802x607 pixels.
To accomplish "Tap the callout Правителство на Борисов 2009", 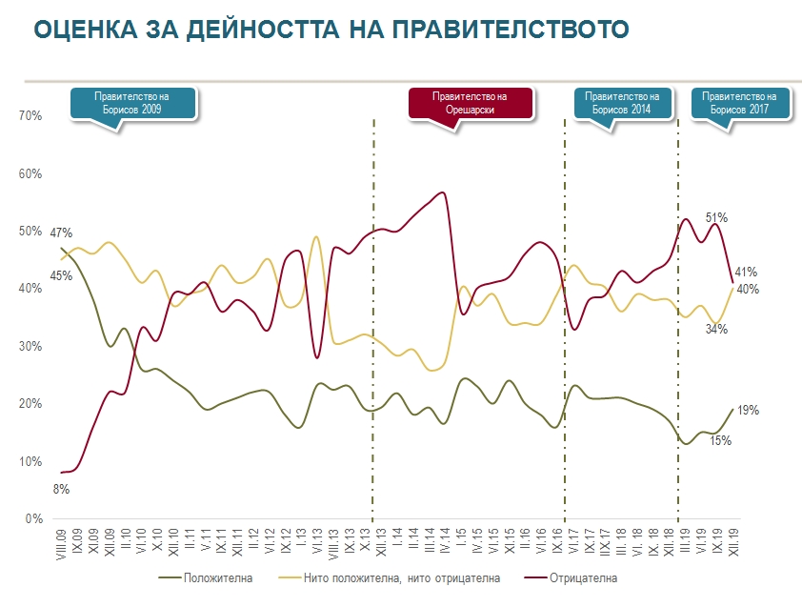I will click(x=132, y=103).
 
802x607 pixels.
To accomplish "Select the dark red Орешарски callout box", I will click(x=470, y=103).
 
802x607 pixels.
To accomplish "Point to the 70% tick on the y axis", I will click(x=31, y=116).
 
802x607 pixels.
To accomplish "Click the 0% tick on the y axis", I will click(x=34, y=519).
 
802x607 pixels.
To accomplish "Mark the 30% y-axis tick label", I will click(x=31, y=347).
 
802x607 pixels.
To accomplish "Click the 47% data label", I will click(x=62, y=233).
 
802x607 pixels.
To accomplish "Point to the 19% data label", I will click(x=748, y=411).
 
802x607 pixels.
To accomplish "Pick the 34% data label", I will click(x=717, y=330).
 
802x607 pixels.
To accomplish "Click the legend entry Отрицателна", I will click(x=587, y=578).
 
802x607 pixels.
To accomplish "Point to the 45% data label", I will click(x=62, y=276).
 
